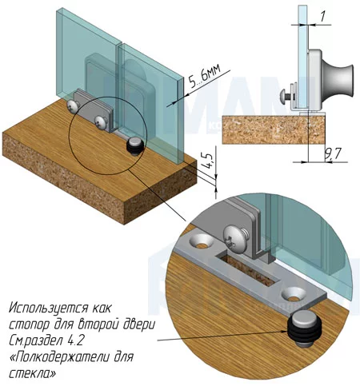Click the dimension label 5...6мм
pyautogui.click(x=205, y=77)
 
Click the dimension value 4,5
pyautogui.click(x=210, y=161)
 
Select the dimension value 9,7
pyautogui.click(x=333, y=154)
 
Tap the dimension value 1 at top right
pyautogui.click(x=322, y=17)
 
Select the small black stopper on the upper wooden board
pyautogui.click(x=135, y=147)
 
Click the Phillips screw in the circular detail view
pyautogui.click(x=236, y=238)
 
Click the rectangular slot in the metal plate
pyautogui.click(x=247, y=269)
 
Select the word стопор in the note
pyautogui.click(x=30, y=325)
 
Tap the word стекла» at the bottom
pyautogui.click(x=33, y=373)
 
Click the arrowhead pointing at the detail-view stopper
pyautogui.click(x=284, y=332)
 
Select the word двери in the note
pyautogui.click(x=138, y=325)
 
